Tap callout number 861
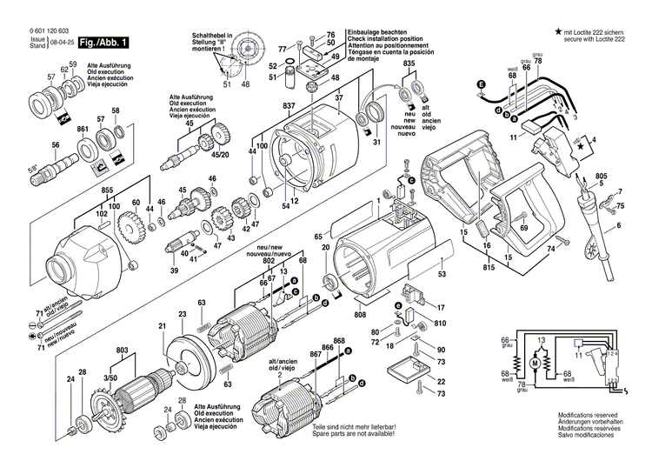pos(83,130)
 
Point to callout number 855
pos(107,190)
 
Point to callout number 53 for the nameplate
pos(442,274)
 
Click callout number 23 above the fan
pos(183,313)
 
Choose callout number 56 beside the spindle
pos(56,144)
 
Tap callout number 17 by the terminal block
pos(441,307)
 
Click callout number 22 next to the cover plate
pos(441,382)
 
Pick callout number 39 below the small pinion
pos(174,271)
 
